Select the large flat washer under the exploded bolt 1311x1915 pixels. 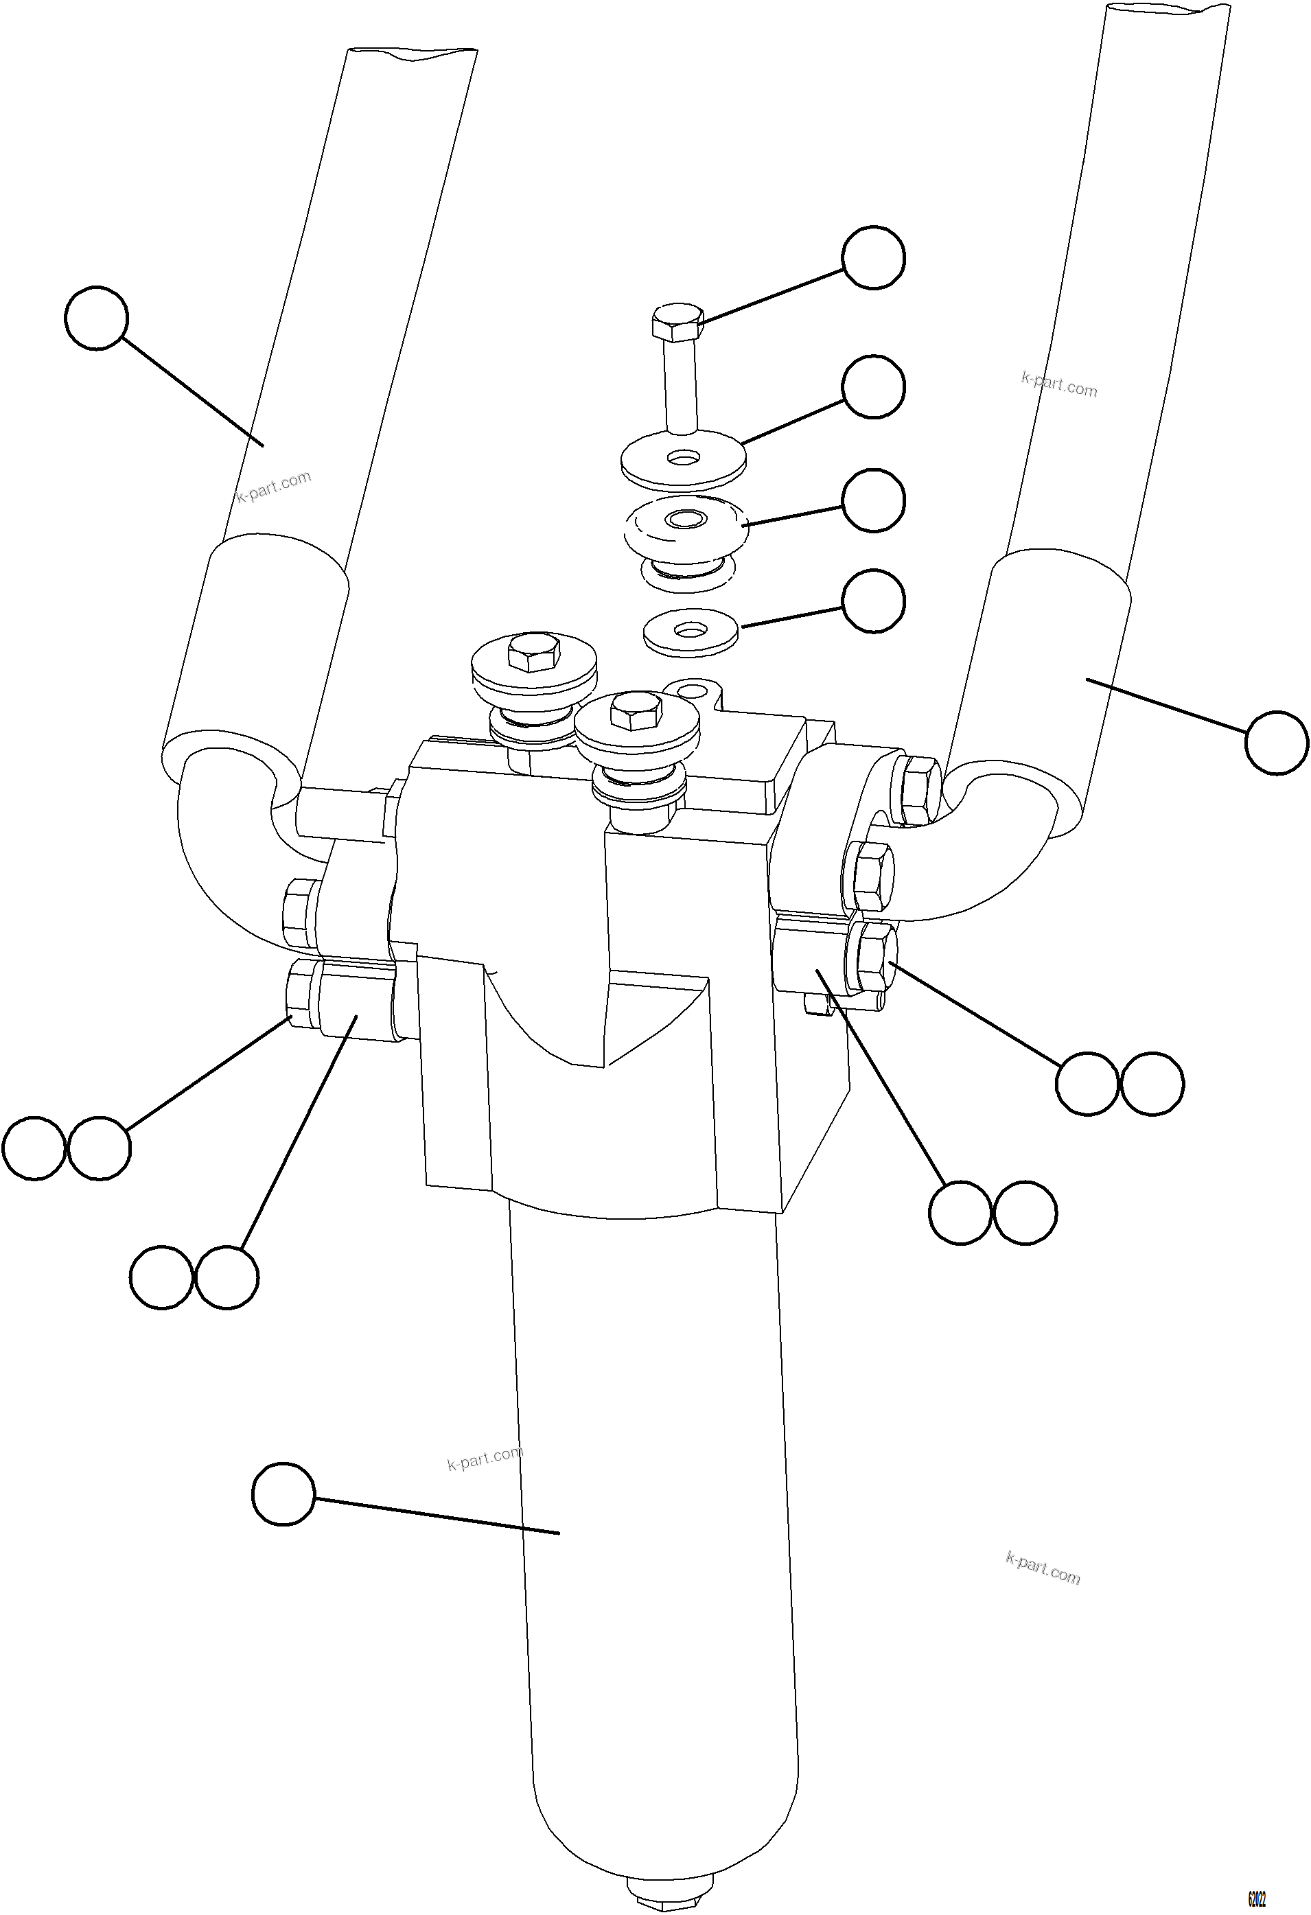[683, 461]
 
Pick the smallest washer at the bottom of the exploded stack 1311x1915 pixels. [691, 633]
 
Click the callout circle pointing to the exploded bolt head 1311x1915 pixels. [874, 257]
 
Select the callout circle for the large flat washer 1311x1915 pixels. [874, 386]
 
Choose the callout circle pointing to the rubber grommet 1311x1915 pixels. [874, 500]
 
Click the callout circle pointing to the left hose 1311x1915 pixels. [96, 318]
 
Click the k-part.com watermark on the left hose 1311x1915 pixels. [274, 486]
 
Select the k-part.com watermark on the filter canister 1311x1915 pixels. [485, 1458]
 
